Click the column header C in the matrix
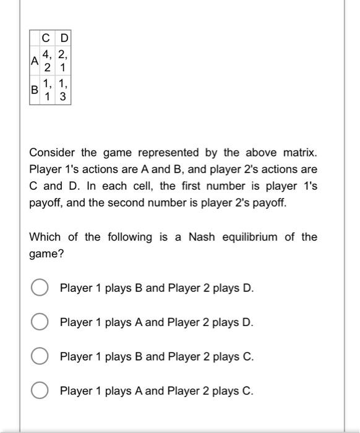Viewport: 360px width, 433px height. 46,38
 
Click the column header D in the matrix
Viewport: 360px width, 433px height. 64,38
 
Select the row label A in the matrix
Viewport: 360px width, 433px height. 34,61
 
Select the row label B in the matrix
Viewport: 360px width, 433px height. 34,90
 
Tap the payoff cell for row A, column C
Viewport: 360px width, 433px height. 46,61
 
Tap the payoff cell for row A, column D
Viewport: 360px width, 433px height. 64,61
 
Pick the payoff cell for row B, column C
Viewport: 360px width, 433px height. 46,90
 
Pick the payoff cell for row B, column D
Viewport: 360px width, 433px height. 64,90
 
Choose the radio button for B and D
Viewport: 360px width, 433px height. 40,288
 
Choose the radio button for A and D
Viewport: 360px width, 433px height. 40,322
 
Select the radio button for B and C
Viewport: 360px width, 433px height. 40,357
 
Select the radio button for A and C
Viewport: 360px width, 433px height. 40,391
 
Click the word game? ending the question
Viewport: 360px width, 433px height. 46,254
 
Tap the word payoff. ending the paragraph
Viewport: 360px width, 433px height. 270,202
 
